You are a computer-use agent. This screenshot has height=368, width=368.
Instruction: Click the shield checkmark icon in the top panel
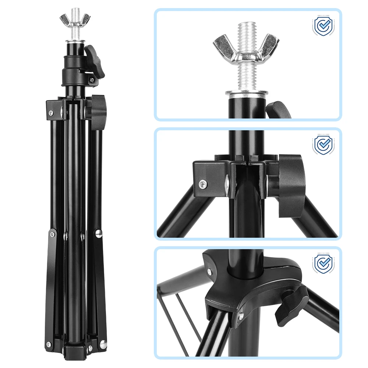pos(323,25)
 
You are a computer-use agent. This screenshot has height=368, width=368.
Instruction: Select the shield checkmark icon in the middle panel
pos(323,145)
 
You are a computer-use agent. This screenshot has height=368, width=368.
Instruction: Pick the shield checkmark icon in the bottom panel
pos(323,263)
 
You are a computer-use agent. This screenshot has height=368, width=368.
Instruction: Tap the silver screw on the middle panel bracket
pos(202,183)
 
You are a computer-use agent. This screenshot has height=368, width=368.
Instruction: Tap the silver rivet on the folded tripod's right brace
pos(99,233)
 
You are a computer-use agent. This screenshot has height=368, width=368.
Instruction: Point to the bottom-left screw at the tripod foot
pos(48,344)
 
